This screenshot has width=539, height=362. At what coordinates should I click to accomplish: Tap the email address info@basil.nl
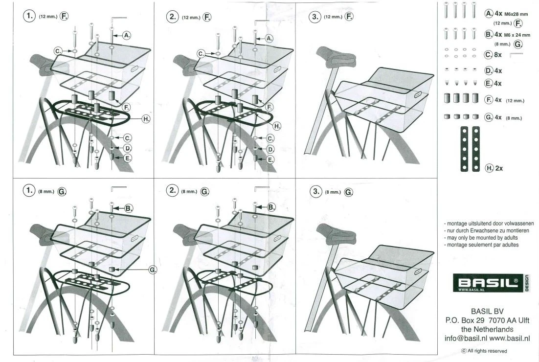tap(466, 339)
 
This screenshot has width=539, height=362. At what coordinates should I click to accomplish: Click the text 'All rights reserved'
tap(487, 351)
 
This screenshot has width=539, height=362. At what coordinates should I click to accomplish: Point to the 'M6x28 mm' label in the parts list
tap(516, 14)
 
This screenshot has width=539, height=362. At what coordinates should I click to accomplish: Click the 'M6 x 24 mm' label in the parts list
tap(517, 35)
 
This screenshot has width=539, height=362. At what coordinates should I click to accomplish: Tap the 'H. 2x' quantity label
tap(494, 168)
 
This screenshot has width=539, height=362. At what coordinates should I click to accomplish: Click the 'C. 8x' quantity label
tap(493, 55)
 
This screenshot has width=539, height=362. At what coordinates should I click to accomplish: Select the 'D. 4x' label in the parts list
tap(494, 71)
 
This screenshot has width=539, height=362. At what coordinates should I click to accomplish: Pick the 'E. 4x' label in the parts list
tap(493, 83)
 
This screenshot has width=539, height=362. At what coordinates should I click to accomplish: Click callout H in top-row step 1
tap(146, 119)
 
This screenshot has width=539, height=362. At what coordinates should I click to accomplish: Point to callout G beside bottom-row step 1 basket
tap(153, 270)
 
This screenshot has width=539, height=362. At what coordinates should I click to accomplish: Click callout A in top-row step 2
tap(269, 39)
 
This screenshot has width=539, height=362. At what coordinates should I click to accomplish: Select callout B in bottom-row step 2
tap(271, 207)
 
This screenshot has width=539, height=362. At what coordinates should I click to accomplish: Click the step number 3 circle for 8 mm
tap(315, 191)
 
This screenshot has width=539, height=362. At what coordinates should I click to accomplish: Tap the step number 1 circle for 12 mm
tap(29, 16)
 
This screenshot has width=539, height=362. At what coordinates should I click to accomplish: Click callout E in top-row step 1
tap(128, 158)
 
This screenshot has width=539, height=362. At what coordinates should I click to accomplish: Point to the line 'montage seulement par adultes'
tap(481, 245)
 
